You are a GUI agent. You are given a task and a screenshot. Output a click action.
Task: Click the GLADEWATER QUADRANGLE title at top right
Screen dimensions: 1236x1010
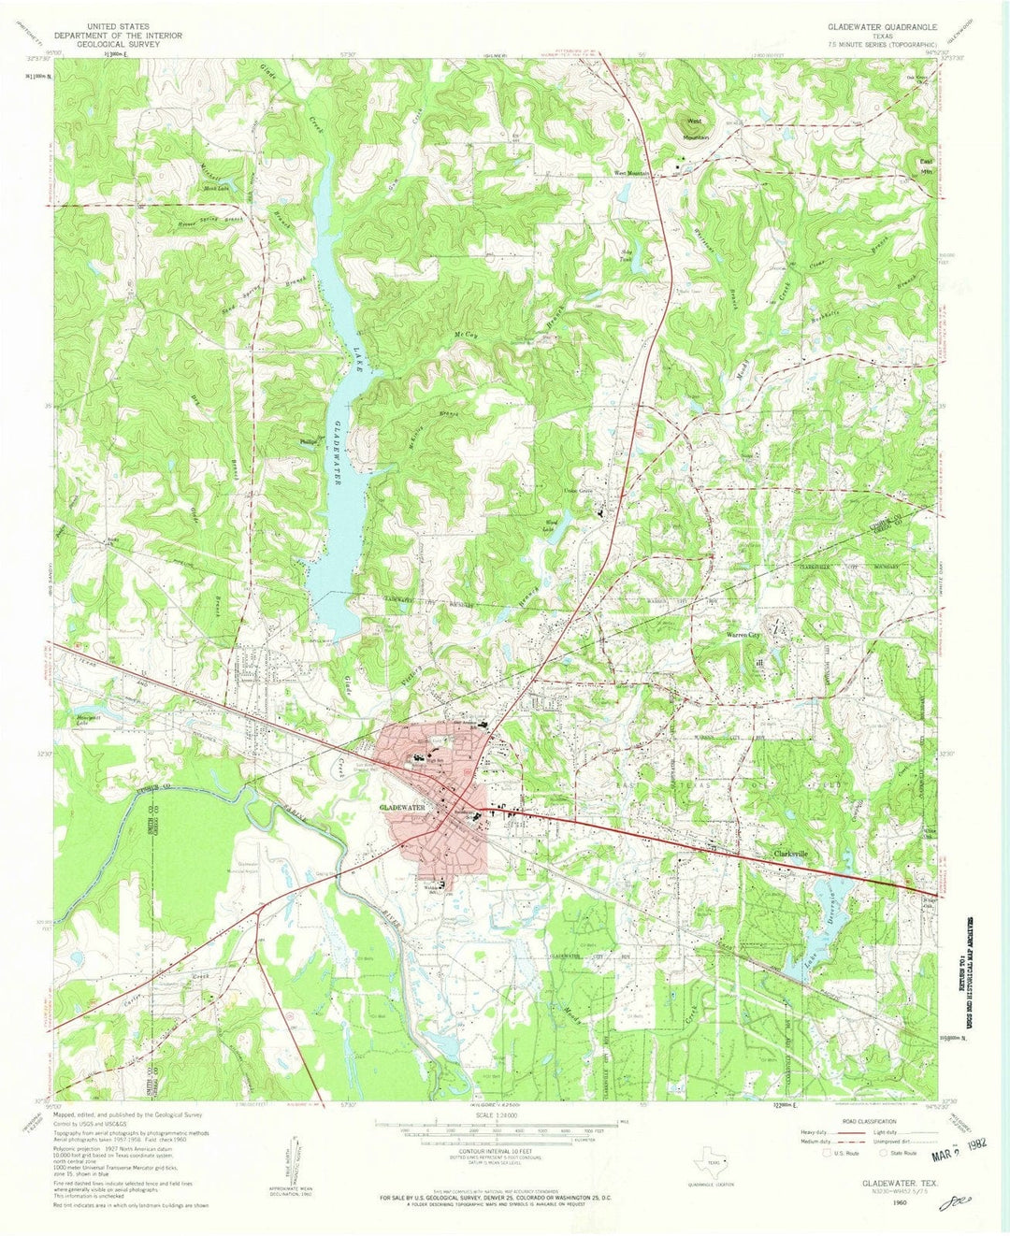tap(881, 28)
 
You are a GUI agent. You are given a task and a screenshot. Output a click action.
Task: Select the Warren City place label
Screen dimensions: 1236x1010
tap(745, 635)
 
